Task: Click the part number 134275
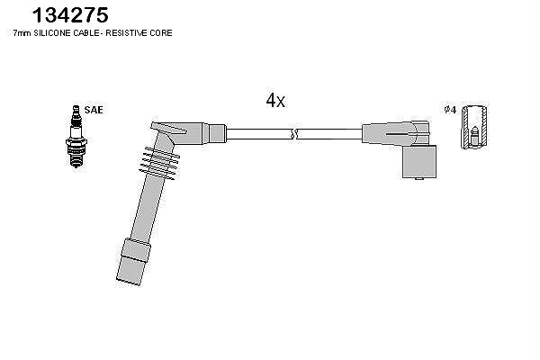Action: [70, 15]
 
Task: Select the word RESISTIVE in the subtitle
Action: [127, 33]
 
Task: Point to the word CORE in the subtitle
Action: [161, 33]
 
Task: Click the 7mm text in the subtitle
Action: [22, 33]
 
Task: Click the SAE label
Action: [94, 110]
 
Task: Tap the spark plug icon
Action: [76, 137]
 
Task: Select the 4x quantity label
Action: [275, 100]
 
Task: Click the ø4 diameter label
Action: [450, 110]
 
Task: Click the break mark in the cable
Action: [294, 134]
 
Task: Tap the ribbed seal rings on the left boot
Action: [159, 163]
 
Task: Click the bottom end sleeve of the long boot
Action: [133, 262]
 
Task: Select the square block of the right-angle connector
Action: [419, 162]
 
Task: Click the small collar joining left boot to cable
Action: [218, 134]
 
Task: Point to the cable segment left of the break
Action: [259, 134]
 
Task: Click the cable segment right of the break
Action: [329, 134]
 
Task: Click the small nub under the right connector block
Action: [419, 179]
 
